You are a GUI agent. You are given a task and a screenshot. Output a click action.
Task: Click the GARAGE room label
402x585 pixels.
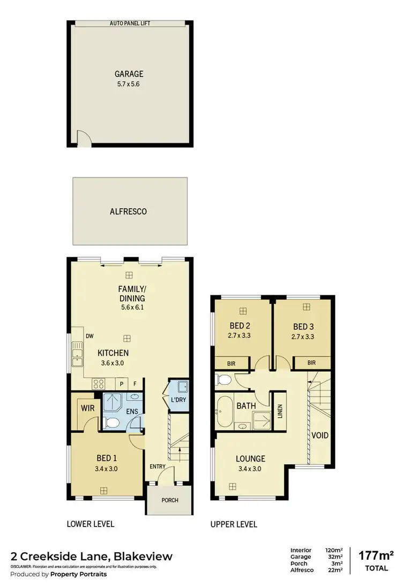129,74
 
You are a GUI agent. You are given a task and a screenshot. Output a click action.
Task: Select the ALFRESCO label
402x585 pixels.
129,211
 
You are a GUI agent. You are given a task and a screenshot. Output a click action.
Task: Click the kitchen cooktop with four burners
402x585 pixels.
99,383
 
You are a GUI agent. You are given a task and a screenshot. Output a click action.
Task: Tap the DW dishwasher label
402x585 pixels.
89,337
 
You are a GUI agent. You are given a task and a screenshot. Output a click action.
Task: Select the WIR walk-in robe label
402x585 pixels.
87,408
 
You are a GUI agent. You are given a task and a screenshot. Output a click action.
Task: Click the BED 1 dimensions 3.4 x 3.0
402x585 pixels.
107,468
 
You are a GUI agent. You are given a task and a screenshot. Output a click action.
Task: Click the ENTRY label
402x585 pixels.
158,466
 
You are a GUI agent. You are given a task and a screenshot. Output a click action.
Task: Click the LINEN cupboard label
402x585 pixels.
280,411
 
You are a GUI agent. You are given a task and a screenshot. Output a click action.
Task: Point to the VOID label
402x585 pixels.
320,435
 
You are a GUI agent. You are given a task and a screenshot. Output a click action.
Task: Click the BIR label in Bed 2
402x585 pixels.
232,363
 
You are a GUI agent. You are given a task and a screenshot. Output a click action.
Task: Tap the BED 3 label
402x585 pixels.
303,326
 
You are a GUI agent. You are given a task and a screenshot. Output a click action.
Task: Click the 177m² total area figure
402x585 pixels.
375,554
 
